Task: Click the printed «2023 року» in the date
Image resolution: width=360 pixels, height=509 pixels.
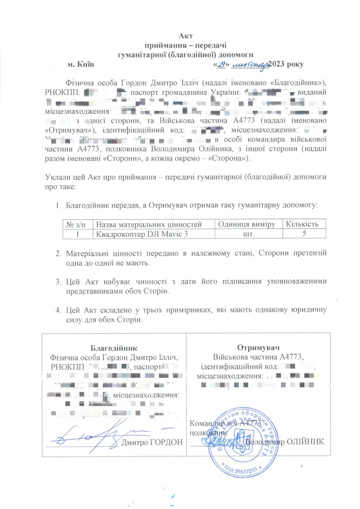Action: (287, 65)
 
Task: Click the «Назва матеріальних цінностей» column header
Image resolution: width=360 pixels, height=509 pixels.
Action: (149, 224)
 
